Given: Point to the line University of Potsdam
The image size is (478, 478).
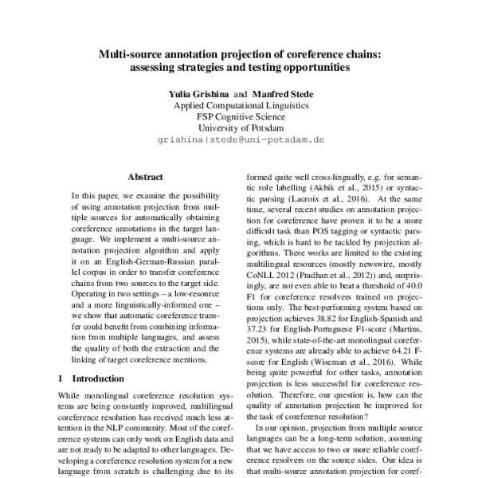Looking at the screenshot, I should tap(238, 127).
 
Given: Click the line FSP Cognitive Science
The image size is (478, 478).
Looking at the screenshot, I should tap(238, 116).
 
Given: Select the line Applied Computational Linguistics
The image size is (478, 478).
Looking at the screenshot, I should tap(238, 104).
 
